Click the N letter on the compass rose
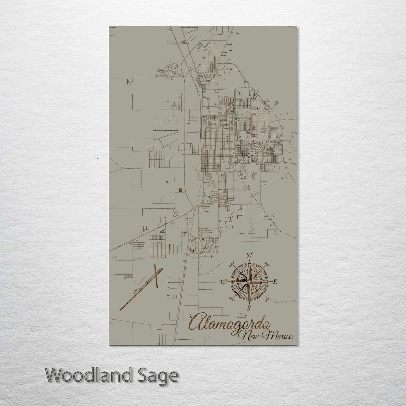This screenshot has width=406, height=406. (249, 255)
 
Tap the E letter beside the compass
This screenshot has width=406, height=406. (275, 282)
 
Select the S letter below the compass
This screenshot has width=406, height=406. (248, 308)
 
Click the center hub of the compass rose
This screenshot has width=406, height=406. (249, 281)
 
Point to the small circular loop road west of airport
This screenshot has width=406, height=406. (114, 257)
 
